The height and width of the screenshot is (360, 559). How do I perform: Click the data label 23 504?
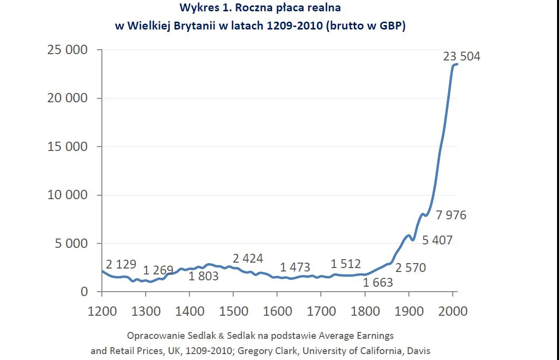click(x=461, y=57)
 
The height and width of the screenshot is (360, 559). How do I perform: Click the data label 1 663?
click(x=378, y=282)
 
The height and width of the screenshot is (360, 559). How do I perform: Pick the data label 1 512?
click(x=345, y=264)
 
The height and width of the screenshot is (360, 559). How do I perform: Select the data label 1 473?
click(x=295, y=268)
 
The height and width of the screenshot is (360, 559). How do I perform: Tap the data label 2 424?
click(x=248, y=259)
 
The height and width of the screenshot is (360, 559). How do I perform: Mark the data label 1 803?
click(x=203, y=276)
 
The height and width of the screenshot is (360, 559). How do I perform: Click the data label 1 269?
click(x=158, y=270)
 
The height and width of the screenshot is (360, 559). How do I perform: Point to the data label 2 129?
click(x=121, y=264)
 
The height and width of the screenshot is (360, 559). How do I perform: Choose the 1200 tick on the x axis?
click(x=102, y=311)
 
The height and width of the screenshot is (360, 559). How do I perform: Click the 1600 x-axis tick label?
click(x=277, y=311)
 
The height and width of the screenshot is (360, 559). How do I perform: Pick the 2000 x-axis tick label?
click(x=452, y=311)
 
